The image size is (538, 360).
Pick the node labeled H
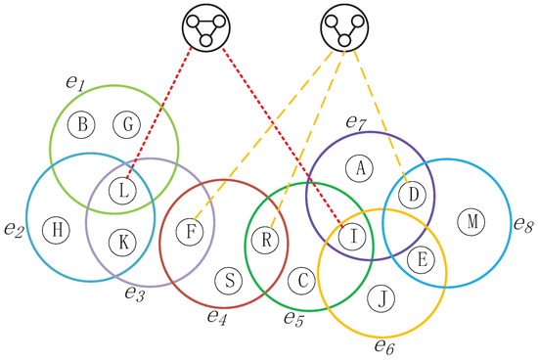(x=58, y=230)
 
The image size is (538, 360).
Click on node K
(x=121, y=240)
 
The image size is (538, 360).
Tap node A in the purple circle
(x=361, y=168)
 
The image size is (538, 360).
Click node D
(x=414, y=196)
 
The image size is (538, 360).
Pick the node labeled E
(x=423, y=259)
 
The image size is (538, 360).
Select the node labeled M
(x=472, y=222)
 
